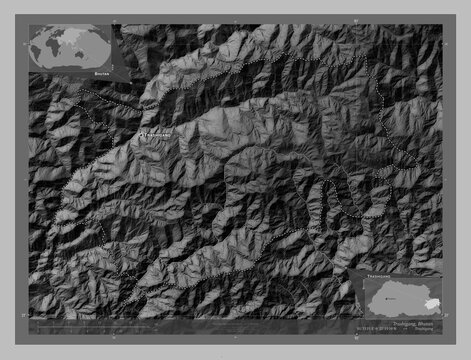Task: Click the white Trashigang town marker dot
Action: click(x=141, y=136)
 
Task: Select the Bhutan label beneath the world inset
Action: click(x=91, y=73)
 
